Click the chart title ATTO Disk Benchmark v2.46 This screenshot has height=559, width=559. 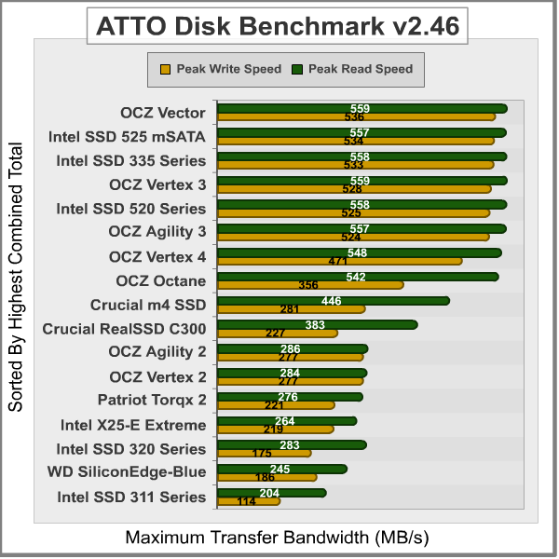pos(278,26)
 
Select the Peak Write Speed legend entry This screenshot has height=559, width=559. pos(222,69)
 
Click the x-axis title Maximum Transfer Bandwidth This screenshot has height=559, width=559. pos(278,538)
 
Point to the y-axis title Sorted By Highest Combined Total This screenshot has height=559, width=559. pos(16,277)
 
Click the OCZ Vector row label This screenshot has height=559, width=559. pos(162,113)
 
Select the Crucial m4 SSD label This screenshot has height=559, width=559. pos(148,304)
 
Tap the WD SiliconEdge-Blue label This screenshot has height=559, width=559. pos(127,471)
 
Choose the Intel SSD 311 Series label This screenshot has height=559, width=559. pos(131,497)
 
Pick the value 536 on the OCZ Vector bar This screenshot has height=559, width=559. pos(354,117)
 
